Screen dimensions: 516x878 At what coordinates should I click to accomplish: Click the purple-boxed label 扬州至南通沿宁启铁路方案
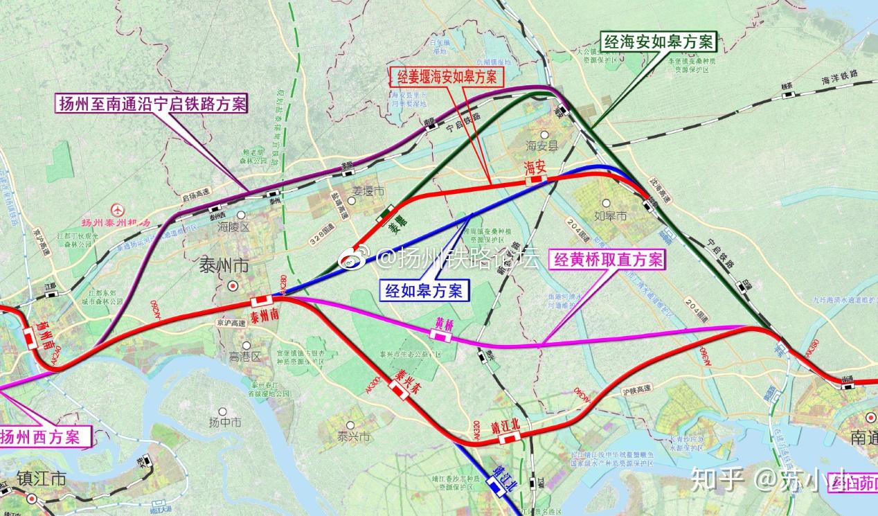(x=151, y=105)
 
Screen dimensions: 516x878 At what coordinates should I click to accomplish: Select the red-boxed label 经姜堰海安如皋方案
(x=446, y=76)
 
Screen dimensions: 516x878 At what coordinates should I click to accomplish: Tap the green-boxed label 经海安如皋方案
(x=658, y=42)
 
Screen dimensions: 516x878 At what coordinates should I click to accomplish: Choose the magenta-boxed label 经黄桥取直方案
(x=607, y=260)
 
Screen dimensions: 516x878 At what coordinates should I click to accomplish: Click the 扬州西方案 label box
(x=45, y=436)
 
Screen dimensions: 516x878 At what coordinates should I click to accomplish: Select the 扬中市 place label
(x=225, y=422)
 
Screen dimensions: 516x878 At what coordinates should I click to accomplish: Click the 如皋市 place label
(x=612, y=217)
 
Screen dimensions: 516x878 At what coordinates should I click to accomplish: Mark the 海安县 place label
(x=541, y=146)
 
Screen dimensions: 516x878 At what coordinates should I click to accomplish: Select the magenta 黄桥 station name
(x=444, y=323)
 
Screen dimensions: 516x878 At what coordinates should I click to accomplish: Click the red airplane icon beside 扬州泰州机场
(x=118, y=209)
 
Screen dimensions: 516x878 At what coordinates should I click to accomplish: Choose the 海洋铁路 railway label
(x=839, y=77)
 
